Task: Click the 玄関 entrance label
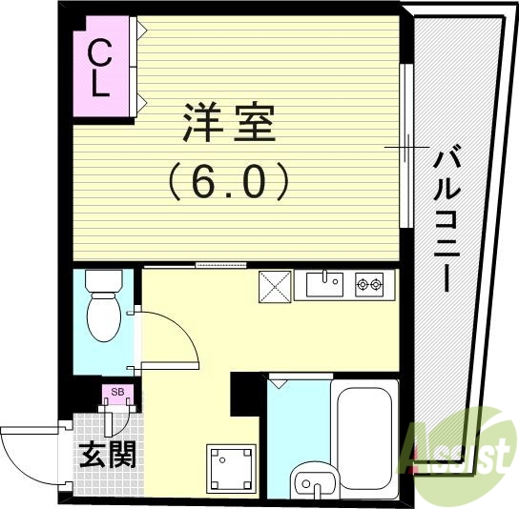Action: click(106, 454)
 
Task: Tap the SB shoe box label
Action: click(117, 391)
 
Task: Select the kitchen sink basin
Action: click(324, 283)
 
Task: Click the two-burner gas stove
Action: click(369, 283)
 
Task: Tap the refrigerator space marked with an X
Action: click(276, 284)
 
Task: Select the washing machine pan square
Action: click(232, 467)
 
